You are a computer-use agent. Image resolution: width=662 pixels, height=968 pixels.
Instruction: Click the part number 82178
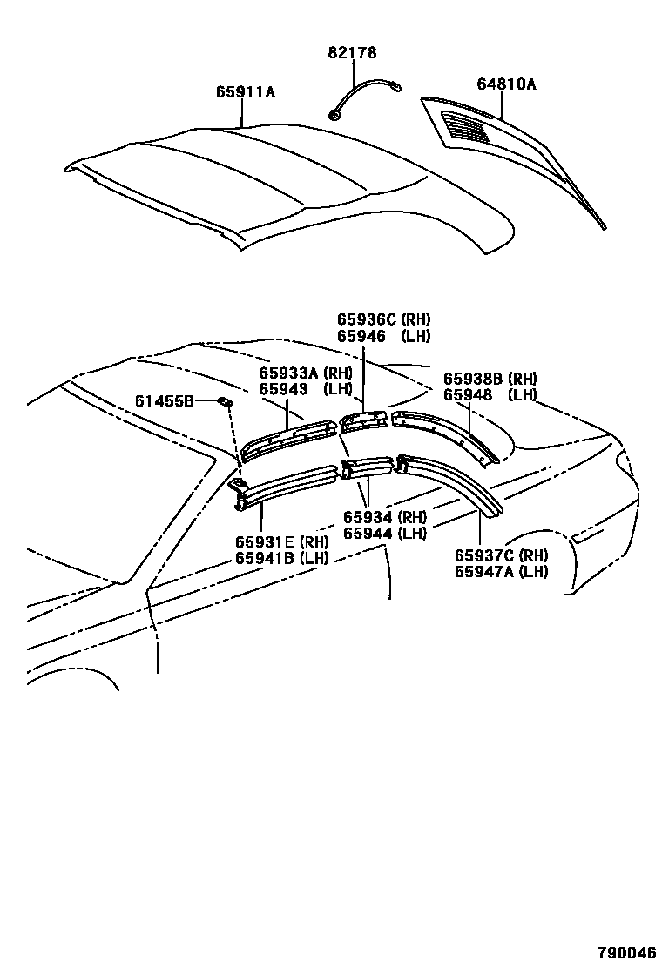(353, 53)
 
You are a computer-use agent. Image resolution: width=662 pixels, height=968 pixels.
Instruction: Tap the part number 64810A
(506, 84)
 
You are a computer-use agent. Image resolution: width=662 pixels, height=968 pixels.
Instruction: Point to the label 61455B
(164, 401)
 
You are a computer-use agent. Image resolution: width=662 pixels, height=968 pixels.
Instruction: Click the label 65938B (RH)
(490, 379)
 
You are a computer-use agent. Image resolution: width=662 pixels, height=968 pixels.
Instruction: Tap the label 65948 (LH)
(490, 394)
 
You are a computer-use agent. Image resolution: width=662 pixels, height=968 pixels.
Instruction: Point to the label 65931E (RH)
(279, 542)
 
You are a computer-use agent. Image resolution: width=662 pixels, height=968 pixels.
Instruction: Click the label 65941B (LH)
(279, 558)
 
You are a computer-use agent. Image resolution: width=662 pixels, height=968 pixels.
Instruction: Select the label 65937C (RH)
(501, 555)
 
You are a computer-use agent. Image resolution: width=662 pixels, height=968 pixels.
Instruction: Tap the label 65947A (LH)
(501, 571)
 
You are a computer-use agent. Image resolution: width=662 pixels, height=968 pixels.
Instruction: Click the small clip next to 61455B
(224, 401)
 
